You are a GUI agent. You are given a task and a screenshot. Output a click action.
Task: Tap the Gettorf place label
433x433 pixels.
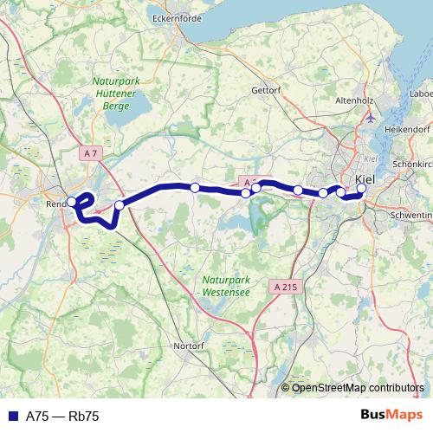pyautogui.click(x=266, y=89)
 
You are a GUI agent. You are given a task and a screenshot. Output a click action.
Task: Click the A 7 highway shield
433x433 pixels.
pyautogui.click(x=90, y=153)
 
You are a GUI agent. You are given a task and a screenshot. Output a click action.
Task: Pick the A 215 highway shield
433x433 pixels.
pyautogui.click(x=283, y=286)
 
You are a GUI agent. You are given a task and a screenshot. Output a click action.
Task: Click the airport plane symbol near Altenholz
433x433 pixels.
pyautogui.click(x=372, y=116)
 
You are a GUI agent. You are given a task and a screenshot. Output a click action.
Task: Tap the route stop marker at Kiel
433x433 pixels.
pyautogui.click(x=361, y=189)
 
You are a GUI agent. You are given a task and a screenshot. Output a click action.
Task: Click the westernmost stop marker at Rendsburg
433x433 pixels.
pyautogui.click(x=71, y=203)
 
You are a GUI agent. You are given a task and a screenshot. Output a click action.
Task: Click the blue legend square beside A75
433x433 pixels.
pyautogui.click(x=11, y=417)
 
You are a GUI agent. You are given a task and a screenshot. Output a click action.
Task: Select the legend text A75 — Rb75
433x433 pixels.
pyautogui.click(x=62, y=417)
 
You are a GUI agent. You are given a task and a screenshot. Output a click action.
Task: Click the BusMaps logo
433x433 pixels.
pyautogui.click(x=391, y=416)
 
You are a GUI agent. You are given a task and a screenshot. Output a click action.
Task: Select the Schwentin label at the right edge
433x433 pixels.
pyautogui.click(x=411, y=213)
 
